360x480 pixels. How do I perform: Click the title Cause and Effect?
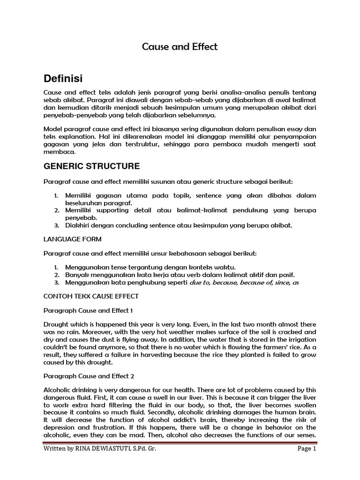(180, 47)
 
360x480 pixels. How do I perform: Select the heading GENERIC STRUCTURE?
(91, 166)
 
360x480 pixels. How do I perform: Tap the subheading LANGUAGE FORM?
(72, 239)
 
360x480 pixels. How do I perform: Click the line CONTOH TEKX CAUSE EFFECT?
(90, 296)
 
